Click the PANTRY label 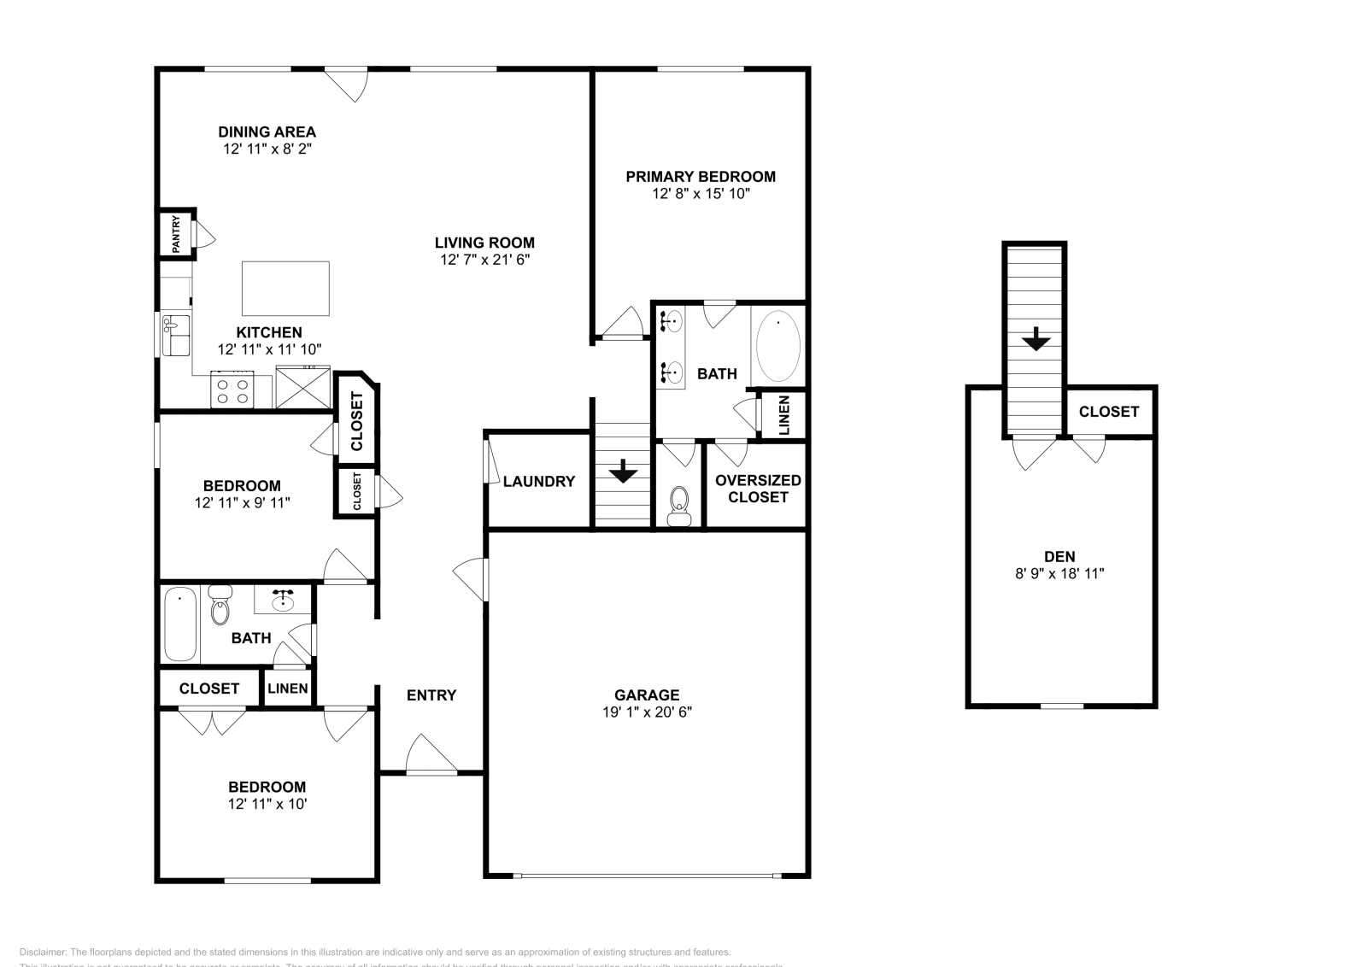point(177,234)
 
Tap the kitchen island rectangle point(285,289)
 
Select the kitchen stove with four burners point(232,390)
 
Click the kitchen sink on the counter point(176,334)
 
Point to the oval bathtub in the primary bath point(777,346)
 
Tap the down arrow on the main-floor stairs point(623,470)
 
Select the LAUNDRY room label point(538,482)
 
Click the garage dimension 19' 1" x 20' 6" point(647,712)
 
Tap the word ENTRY point(431,695)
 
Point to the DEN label point(1059,556)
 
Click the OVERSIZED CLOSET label point(758,489)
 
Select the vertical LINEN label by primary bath point(784,415)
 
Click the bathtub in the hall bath point(179,624)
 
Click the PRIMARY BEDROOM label point(701,177)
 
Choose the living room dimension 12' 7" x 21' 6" point(484,260)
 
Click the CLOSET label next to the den point(1109,412)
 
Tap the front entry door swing point(431,755)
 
